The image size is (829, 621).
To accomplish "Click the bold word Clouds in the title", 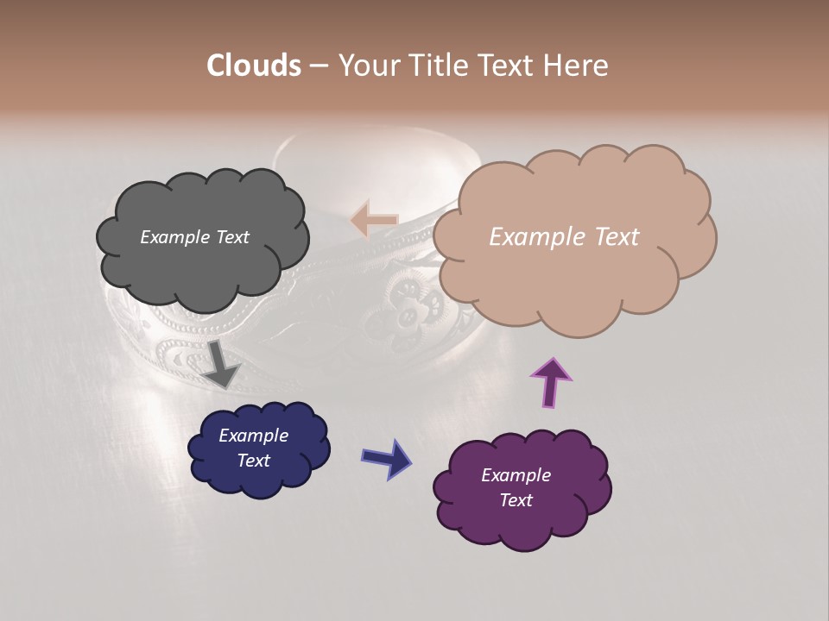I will pos(254,66).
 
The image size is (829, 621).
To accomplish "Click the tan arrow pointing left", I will pos(374,220).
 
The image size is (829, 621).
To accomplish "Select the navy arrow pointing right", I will pos(386,458).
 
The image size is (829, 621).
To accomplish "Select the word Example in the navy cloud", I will pos(254,436).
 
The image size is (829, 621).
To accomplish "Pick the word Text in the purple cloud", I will pos(516,500).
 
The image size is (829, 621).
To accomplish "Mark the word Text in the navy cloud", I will pos(254,461).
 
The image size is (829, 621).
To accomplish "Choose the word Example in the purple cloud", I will pos(516,475).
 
